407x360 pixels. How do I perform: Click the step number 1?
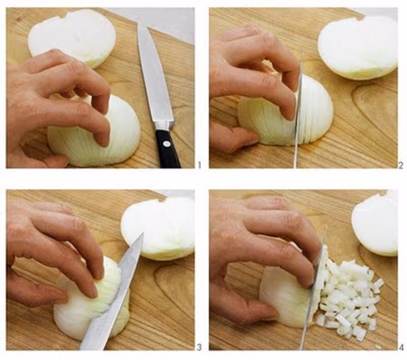(199, 165)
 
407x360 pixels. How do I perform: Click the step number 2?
(401, 165)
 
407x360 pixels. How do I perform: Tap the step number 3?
(199, 347)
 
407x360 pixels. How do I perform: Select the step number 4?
(401, 347)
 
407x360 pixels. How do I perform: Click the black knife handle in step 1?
(168, 148)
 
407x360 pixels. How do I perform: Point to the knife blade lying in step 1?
(155, 75)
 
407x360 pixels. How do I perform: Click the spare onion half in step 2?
(358, 47)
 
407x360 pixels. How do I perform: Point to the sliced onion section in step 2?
(316, 109)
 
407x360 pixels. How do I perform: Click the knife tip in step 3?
(142, 233)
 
